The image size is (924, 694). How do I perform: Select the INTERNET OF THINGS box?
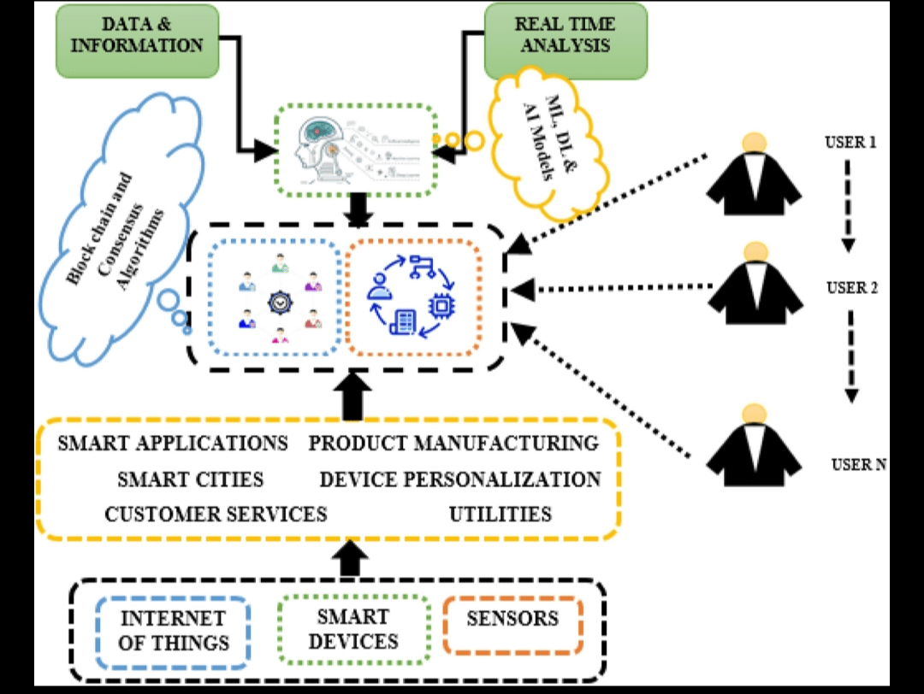pos(174,631)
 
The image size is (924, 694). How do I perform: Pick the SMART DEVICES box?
pos(353,629)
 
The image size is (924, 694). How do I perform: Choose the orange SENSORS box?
pos(512,619)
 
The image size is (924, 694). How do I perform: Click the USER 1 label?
pos(850,142)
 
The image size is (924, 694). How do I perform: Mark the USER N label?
pos(858,465)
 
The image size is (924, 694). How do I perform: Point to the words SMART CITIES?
pos(191,479)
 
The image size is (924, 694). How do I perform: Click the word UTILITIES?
pos(500,514)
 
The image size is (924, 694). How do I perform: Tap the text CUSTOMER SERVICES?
pos(216,514)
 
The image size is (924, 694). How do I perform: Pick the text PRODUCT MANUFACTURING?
pos(453,444)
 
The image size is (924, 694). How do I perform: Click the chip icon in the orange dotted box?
pos(441,306)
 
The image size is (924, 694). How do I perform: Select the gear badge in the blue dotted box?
pos(281,302)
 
